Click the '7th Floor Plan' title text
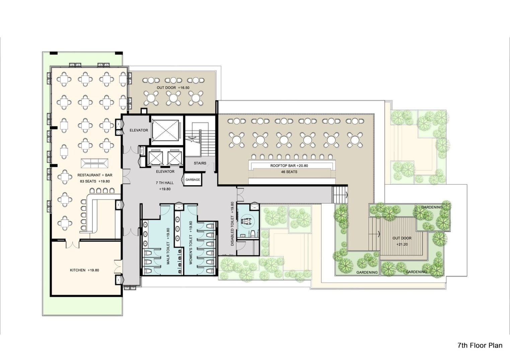480,345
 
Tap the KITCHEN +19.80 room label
84,270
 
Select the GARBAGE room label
193,180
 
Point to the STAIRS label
200,163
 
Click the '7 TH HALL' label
165,183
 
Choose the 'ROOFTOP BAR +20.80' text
289,166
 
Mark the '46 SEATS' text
289,172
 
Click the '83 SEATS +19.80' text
95,181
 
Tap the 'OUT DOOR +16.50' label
173,88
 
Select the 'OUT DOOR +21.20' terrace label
402,241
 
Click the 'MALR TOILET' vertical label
168,246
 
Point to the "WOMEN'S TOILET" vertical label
191,243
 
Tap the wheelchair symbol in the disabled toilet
247,221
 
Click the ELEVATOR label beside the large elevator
139,130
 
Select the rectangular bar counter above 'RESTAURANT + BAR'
94,163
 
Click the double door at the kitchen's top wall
72,244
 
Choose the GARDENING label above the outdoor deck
432,207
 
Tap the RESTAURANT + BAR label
95,175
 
